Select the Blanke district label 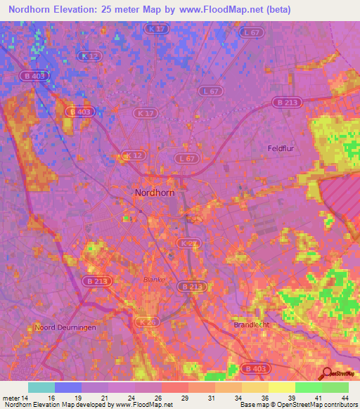[x=154, y=279]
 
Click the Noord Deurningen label [x=64, y=327]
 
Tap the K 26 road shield [x=144, y=321]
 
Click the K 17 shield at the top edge [x=157, y=29]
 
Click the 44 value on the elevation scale [x=343, y=397]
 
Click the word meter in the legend [x=13, y=397]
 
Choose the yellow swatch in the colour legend [x=282, y=387]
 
